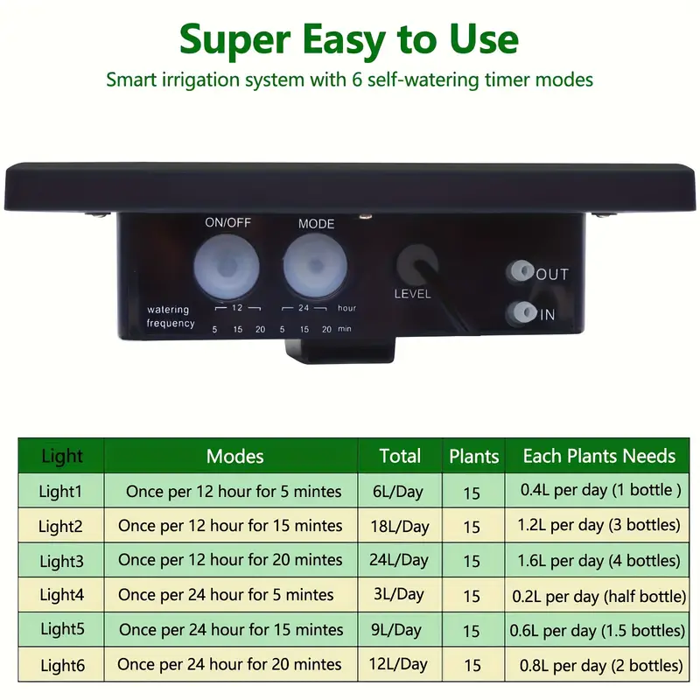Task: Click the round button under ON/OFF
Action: click(227, 267)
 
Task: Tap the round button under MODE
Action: click(316, 267)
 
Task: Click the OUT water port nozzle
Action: click(520, 271)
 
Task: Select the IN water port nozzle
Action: click(521, 312)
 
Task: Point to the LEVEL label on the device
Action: click(412, 294)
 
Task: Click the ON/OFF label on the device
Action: click(227, 222)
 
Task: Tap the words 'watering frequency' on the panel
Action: click(171, 316)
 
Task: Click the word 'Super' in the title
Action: click(235, 40)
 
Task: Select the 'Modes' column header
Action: click(234, 456)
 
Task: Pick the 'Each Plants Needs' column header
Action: click(599, 456)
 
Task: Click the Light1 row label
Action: click(60, 491)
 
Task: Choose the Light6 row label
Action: click(62, 666)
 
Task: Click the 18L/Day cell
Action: click(400, 527)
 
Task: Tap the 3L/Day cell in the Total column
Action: click(399, 594)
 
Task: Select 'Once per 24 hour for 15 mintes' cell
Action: click(231, 629)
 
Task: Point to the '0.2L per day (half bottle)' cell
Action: click(598, 596)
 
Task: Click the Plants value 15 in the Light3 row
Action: click(472, 561)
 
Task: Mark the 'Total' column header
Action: click(400, 456)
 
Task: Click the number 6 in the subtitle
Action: click(357, 80)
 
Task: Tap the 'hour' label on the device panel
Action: click(346, 308)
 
